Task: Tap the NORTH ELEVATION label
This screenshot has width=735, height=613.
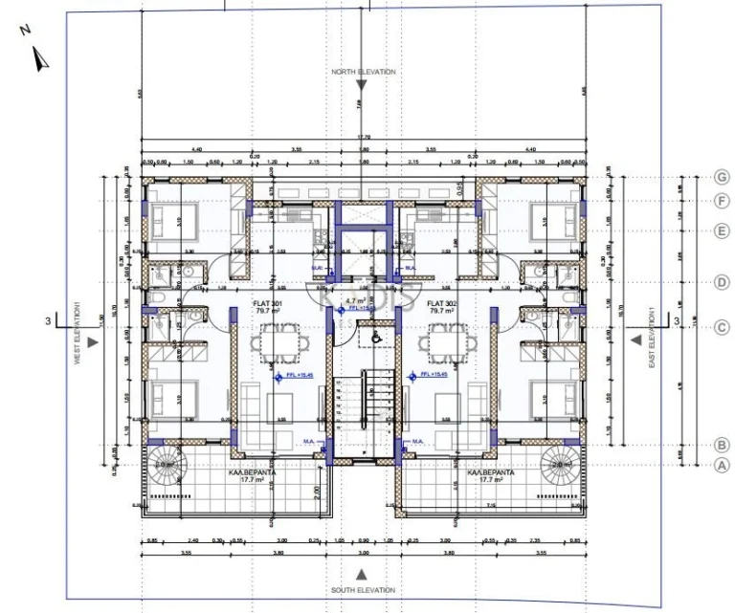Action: (363, 72)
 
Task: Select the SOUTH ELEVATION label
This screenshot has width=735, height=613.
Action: (363, 590)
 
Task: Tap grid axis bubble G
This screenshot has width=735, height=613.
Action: (723, 177)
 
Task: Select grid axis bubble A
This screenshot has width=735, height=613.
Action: (723, 465)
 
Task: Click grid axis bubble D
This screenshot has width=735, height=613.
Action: (723, 282)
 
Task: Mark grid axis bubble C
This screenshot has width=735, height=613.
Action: (723, 327)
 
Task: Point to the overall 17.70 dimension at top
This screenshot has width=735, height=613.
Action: (363, 137)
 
